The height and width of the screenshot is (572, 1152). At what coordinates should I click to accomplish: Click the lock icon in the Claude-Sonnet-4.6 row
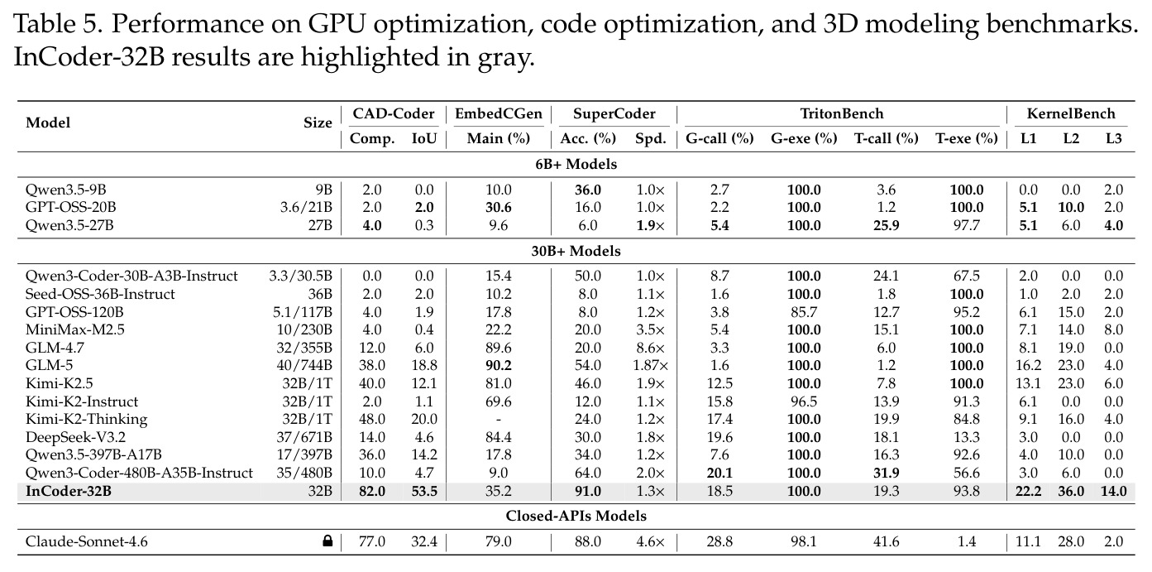(327, 541)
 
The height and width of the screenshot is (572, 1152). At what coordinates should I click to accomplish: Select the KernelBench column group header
(1071, 113)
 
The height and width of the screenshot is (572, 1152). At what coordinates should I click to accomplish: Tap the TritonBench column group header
(841, 113)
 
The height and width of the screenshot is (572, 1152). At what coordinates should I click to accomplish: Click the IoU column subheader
(424, 138)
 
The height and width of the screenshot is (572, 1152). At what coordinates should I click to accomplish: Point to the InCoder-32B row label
(69, 491)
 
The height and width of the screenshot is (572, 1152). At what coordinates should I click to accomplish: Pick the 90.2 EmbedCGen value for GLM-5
(499, 365)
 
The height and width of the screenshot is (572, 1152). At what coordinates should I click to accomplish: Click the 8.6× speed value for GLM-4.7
(650, 348)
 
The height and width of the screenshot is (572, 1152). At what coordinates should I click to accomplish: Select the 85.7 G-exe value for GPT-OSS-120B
(804, 312)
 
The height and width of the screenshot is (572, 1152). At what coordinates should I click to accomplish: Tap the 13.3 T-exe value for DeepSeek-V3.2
(967, 437)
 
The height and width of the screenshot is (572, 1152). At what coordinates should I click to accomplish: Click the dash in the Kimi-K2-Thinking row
(499, 420)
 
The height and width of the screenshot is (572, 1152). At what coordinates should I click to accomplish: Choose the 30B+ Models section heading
(576, 252)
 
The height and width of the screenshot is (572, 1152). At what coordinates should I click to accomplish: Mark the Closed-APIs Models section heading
(576, 516)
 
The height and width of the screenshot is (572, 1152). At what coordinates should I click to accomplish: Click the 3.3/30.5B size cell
(300, 276)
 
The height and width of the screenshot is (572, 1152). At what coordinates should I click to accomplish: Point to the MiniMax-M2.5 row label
(75, 329)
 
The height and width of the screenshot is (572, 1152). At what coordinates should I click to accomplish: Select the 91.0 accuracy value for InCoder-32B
(588, 491)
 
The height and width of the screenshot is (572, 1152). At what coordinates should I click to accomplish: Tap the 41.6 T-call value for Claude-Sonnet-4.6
(886, 541)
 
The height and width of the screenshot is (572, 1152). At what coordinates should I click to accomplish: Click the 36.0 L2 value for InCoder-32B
(1071, 491)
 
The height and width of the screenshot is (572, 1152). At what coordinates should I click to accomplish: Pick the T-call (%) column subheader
(886, 138)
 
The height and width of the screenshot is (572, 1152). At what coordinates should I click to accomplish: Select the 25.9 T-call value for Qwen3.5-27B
(886, 225)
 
